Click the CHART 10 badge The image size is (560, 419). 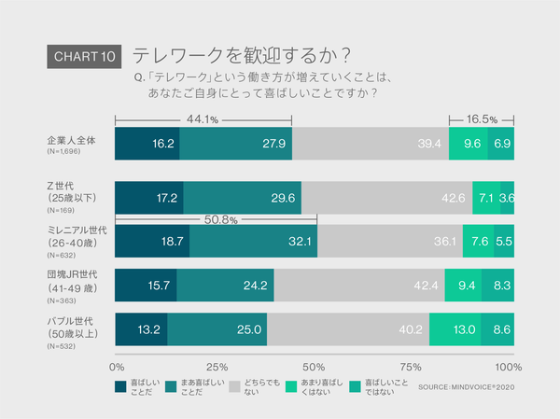click(83, 57)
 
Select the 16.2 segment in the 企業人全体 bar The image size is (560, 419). click(147, 145)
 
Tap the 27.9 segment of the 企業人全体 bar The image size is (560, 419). click(235, 145)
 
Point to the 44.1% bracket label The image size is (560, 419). click(203, 119)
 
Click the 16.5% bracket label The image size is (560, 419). click(482, 119)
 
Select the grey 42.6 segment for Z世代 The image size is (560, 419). click(386, 198)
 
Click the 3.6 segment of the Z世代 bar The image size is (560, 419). click(507, 198)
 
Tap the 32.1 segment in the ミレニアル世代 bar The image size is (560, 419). click(253, 241)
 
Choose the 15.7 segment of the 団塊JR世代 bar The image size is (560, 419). click(146, 285)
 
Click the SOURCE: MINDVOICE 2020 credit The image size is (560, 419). click(466, 385)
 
